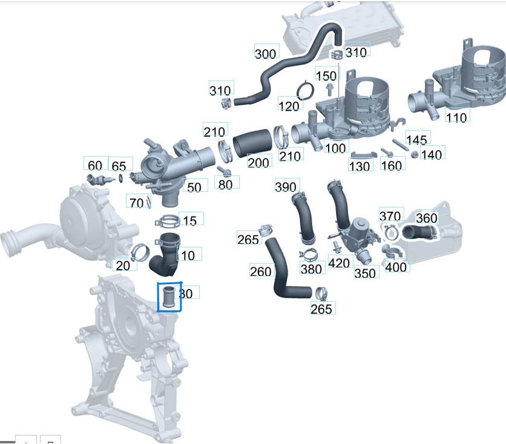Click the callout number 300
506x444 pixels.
pos(265,54)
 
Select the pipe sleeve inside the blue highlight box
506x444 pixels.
pos(169,297)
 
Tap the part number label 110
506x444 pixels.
pos(456,117)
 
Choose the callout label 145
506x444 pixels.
pos(416,140)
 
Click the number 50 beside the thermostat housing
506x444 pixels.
pos(194,188)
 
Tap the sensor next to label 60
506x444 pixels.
pos(96,180)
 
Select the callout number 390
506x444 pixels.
pos(286,186)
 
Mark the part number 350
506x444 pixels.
pos(365,273)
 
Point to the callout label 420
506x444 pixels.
pos(339,263)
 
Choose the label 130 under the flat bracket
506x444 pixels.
pos(360,166)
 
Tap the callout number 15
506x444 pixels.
pos(189,221)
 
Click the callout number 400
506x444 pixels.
pos(396,267)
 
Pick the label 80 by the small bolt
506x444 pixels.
pos(225,184)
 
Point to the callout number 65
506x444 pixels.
pos(119,166)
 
